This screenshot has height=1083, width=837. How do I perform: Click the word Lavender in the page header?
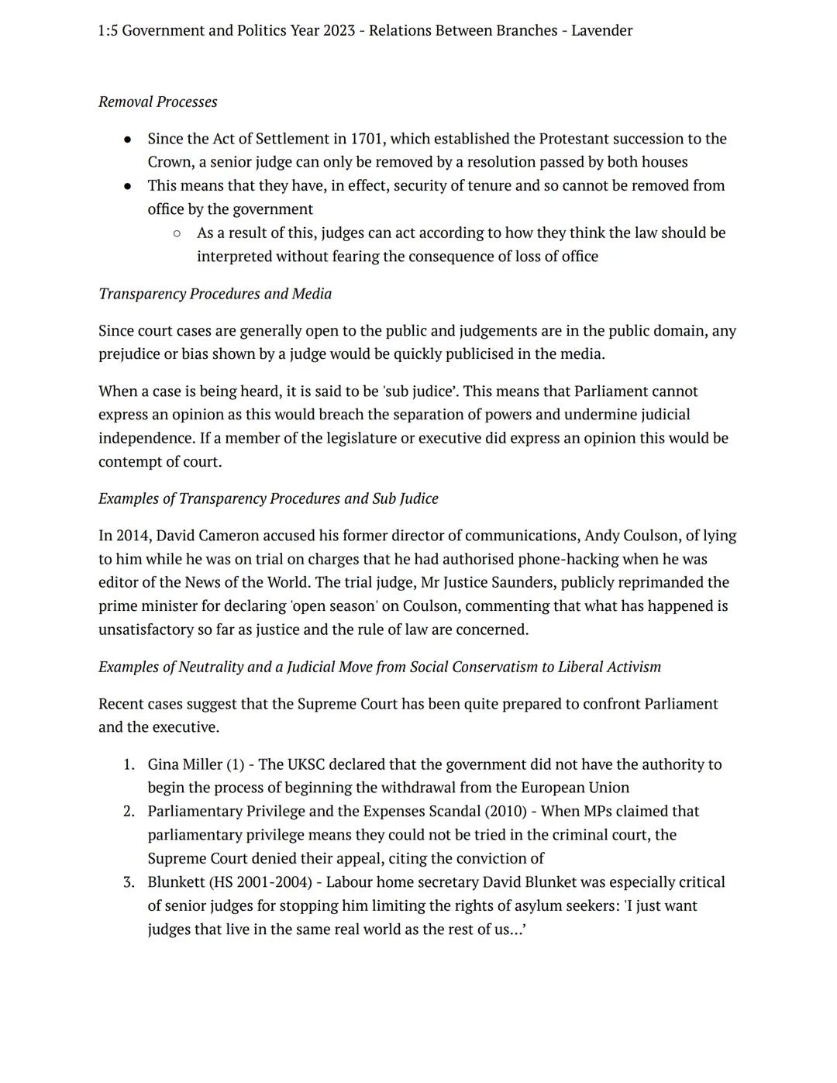[601, 31]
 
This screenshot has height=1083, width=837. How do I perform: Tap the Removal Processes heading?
[157, 102]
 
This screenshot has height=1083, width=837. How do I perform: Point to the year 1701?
[367, 139]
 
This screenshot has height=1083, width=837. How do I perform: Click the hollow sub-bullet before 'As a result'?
[177, 233]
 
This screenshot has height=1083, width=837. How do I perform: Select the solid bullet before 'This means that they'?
[128, 186]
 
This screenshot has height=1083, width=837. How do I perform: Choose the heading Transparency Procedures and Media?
[215, 294]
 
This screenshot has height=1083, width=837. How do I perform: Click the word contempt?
[130, 462]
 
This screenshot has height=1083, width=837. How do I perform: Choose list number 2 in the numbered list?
[129, 812]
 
